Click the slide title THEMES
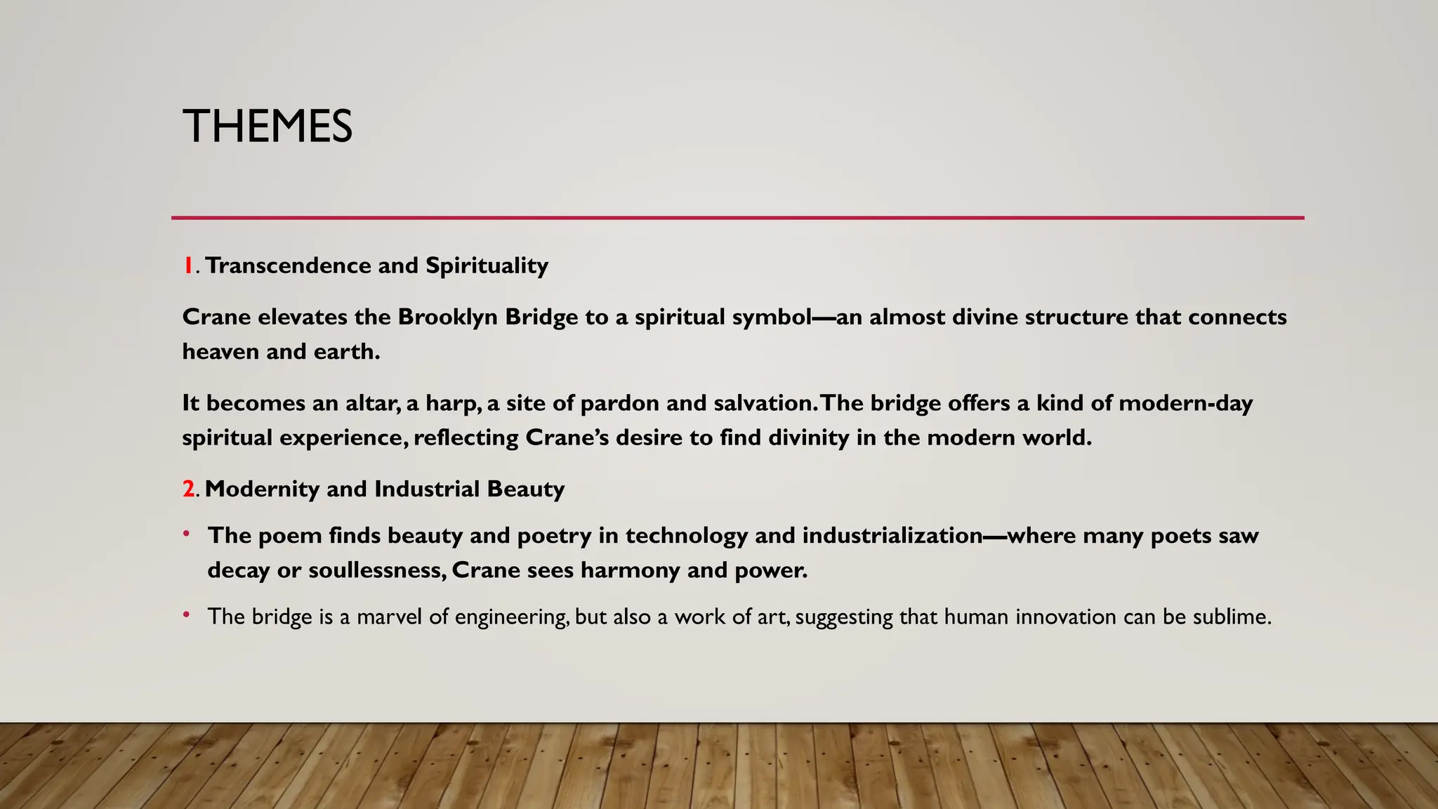(268, 126)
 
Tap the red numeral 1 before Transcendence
(187, 265)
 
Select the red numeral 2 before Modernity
(189, 489)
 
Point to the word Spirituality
(487, 265)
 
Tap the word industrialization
(892, 535)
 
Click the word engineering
(511, 617)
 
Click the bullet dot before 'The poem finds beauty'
(186, 534)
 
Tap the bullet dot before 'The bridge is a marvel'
(186, 615)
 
